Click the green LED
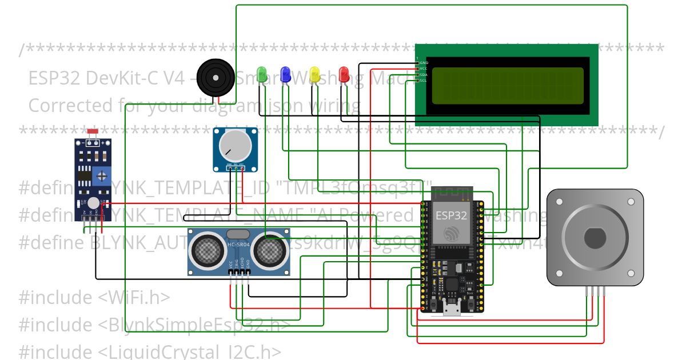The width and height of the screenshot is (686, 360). tap(262, 74)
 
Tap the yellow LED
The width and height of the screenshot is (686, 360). tap(314, 74)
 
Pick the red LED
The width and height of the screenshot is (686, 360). tap(344, 74)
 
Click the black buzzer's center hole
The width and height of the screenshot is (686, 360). tap(216, 77)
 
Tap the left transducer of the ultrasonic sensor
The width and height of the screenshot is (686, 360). tap(208, 250)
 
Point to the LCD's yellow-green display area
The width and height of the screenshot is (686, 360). tap(507, 86)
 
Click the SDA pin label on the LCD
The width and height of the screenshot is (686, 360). tap(424, 75)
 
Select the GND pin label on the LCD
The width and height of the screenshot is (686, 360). tap(424, 62)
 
